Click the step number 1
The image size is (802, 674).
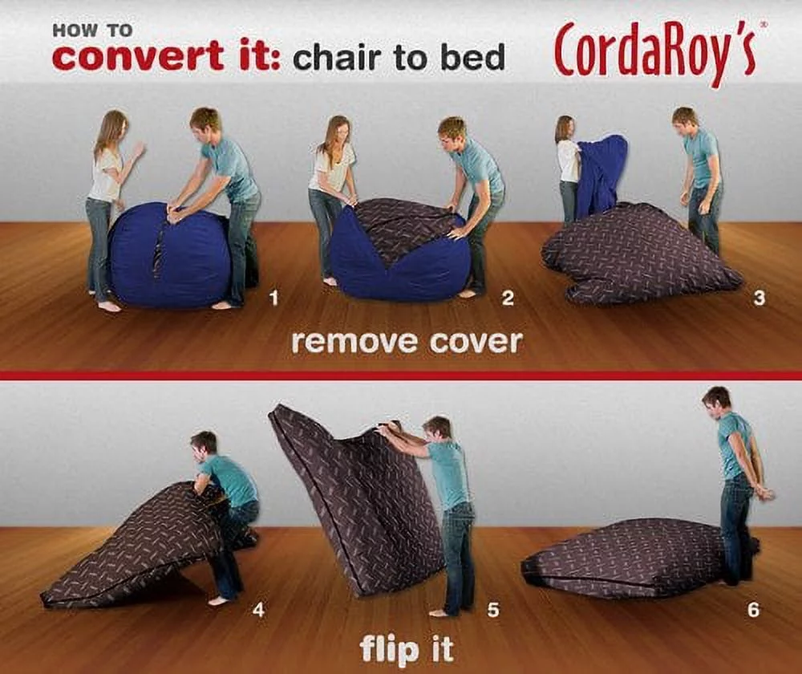coord(274,299)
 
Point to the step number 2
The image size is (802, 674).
coord(508,299)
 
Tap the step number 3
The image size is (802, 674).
coord(759,299)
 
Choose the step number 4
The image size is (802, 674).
coord(258,610)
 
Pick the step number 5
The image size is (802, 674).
coord(493,611)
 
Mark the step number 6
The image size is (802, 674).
coord(753,611)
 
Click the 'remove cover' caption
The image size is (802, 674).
coord(407,343)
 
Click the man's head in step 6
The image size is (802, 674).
coord(716,400)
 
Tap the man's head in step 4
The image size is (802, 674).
coord(205,444)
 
